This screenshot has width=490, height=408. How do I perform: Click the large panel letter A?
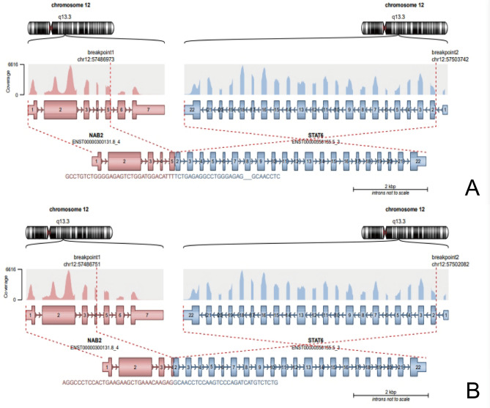pos(472,188)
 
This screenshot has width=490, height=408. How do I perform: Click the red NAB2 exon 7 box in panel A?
pos(148,109)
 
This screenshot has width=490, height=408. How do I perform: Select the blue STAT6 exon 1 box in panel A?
pos(446,109)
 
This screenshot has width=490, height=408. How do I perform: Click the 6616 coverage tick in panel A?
pos(12,64)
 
